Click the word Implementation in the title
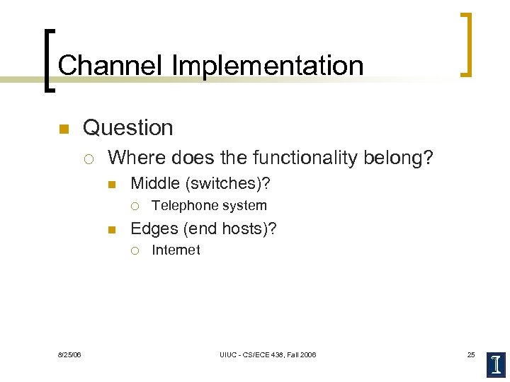point(266,65)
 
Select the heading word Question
point(128,128)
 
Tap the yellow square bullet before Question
point(63,129)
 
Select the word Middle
point(155,184)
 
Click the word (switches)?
point(227,184)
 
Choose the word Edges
point(154,228)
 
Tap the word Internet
point(176,250)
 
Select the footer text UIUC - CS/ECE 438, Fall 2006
point(267,354)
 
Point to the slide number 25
point(471,354)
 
